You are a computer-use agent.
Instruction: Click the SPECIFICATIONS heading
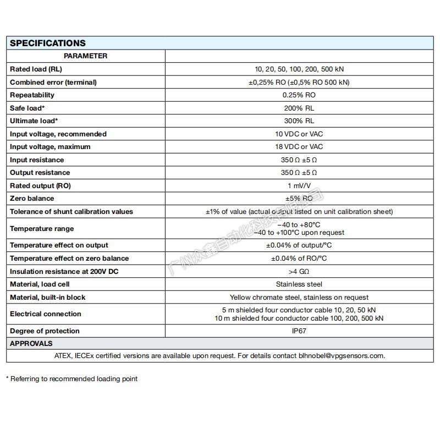[48, 43]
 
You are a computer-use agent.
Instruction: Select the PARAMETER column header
[85, 56]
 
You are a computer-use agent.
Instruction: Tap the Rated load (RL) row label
[36, 69]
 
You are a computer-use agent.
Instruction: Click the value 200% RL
[299, 108]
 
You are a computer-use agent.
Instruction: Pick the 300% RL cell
[299, 121]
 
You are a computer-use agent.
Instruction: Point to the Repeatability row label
[32, 95]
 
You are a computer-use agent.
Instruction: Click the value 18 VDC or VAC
[299, 147]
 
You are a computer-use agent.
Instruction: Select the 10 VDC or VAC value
[299, 134]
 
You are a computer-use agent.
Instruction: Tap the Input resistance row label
[37, 160]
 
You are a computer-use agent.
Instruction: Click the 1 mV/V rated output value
[299, 186]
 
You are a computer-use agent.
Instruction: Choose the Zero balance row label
[32, 199]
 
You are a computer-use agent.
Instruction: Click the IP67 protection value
[299, 331]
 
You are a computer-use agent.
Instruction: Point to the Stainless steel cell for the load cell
[299, 284]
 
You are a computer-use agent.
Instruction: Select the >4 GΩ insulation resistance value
[299, 272]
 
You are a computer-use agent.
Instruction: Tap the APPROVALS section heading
[31, 344]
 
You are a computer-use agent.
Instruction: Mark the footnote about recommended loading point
[71, 379]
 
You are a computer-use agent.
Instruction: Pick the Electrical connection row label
[46, 314]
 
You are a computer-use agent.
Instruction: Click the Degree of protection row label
[45, 331]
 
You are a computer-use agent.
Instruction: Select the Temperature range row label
[42, 229]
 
